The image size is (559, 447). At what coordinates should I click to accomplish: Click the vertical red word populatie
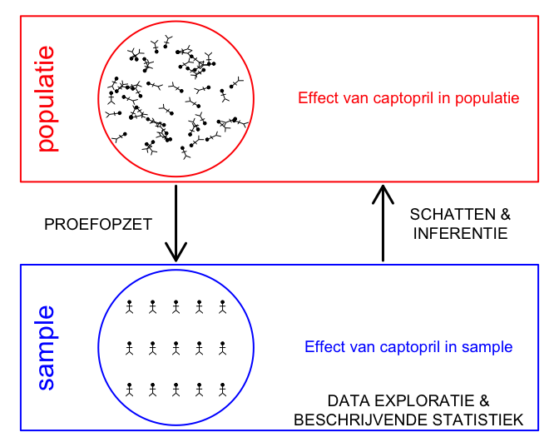[47, 99]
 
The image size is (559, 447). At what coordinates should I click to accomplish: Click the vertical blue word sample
[47, 347]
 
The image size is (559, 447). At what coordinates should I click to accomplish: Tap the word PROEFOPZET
[98, 225]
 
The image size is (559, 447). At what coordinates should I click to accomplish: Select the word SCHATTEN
[453, 215]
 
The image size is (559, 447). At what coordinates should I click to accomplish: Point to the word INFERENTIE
[460, 233]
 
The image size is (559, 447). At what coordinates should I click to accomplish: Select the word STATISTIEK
[477, 420]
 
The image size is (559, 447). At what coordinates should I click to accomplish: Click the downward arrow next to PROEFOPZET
[176, 223]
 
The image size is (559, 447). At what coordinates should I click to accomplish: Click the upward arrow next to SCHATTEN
[383, 223]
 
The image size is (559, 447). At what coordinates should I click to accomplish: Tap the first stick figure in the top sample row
[130, 307]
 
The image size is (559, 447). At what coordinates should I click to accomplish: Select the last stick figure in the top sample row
[223, 307]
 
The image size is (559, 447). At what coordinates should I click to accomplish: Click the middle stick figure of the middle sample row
[176, 348]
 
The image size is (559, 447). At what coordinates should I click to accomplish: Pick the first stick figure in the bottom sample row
[130, 390]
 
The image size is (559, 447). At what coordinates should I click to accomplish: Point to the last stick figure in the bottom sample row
[223, 390]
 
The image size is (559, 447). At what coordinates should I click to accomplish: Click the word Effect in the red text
[319, 97]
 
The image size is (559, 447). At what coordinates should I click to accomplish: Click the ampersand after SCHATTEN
[506, 215]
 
